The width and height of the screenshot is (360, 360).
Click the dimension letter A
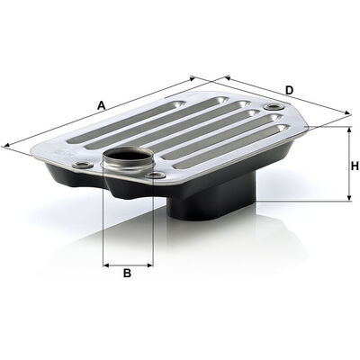[x=102, y=105]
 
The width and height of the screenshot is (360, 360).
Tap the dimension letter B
[x=127, y=273]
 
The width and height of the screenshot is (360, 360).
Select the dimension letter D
[x=289, y=90]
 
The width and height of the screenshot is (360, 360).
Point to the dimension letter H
[x=355, y=166]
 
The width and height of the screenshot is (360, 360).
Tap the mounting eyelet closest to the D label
[x=273, y=107]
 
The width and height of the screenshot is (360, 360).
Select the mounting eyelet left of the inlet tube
[x=83, y=165]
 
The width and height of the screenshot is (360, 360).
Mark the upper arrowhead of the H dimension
[x=349, y=129]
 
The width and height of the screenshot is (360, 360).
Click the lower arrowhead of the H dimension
[x=349, y=198]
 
